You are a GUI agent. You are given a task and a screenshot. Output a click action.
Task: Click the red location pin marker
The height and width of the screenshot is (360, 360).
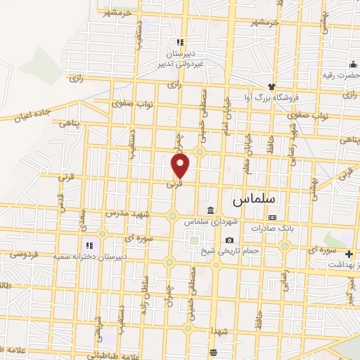coord(181,165)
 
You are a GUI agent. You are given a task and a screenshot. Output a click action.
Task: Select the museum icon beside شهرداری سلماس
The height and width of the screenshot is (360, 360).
coord(211,210)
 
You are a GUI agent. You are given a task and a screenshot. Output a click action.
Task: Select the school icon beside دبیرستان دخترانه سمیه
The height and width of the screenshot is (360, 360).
coord(89,245)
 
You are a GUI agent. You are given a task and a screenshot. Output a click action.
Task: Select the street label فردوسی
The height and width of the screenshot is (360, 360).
coord(15,254)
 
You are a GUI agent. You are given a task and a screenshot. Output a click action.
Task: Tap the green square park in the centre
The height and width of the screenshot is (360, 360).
coord(193,241)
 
